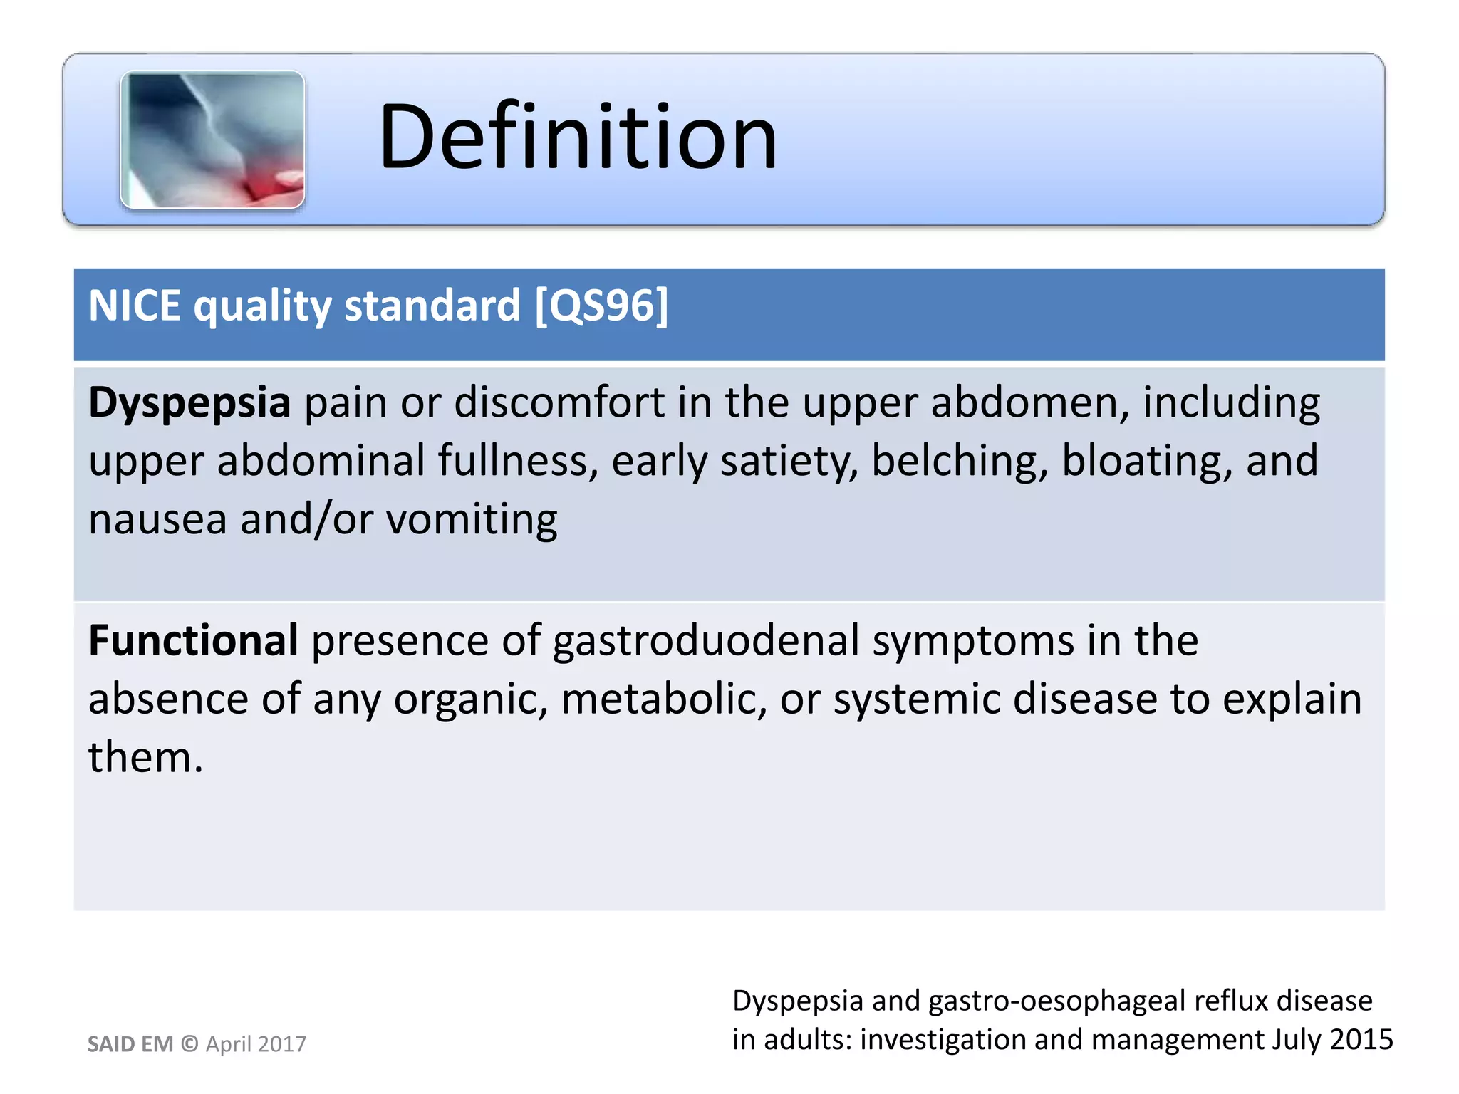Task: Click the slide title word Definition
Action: click(x=578, y=137)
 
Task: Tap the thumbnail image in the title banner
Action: click(x=212, y=140)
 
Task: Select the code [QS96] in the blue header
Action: click(x=601, y=306)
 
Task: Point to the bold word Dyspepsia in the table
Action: click(x=189, y=403)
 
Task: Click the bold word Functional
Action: click(x=193, y=640)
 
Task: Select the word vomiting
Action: click(x=472, y=520)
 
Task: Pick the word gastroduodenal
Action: click(x=706, y=640)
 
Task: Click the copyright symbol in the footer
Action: click(x=189, y=1044)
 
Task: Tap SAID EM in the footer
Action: click(x=130, y=1044)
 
